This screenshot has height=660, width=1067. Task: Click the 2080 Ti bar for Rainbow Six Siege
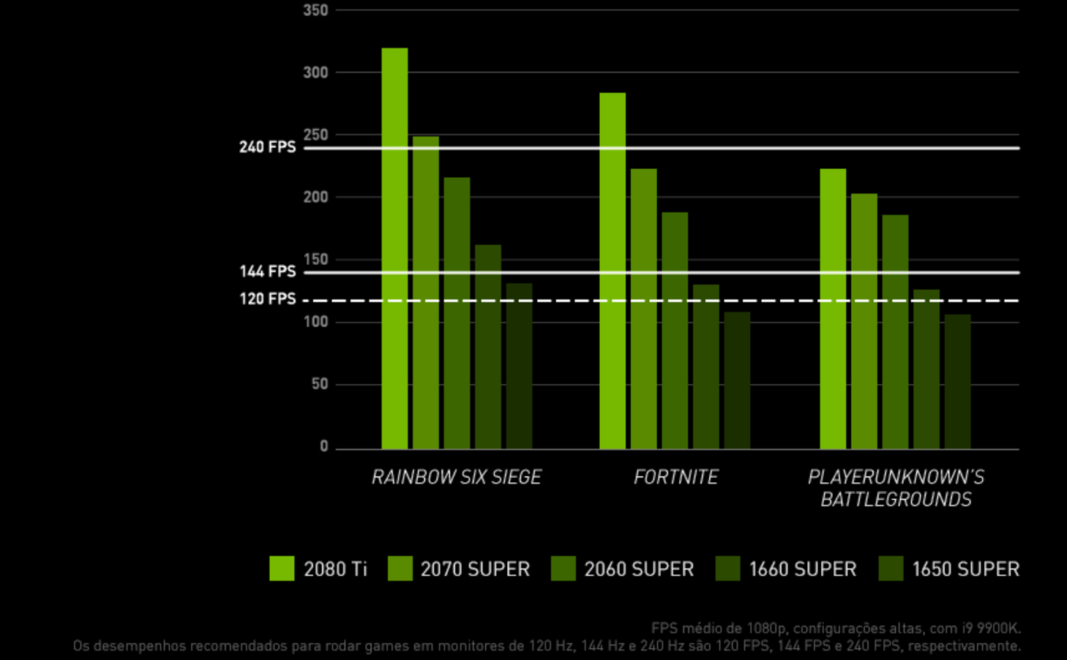[394, 249]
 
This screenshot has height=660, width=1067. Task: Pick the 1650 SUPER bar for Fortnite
[737, 380]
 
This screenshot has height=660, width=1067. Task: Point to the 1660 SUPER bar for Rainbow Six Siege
[488, 347]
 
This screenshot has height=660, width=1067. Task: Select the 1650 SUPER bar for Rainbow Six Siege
[519, 366]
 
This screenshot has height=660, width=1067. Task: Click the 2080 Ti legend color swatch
[282, 569]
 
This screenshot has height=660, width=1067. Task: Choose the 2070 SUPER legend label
[475, 569]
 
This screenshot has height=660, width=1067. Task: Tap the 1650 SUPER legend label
[965, 569]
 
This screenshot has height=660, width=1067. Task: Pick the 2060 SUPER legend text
[639, 569]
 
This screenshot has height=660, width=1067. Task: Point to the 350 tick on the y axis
[315, 10]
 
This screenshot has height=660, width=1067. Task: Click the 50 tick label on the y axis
[320, 384]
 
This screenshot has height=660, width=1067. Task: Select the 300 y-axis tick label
[315, 72]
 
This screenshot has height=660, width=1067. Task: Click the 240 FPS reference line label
[267, 147]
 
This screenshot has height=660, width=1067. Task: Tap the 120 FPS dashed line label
[267, 299]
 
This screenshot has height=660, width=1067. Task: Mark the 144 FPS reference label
[267, 271]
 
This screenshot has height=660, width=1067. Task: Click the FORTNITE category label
[675, 477]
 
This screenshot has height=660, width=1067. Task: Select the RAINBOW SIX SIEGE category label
[456, 477]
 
